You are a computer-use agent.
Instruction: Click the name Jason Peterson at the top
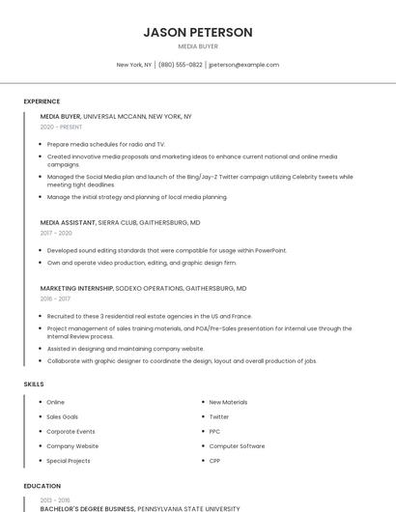[x=198, y=32]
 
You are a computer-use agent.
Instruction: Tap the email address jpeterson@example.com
[x=243, y=65]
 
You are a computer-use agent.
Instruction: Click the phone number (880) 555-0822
[x=181, y=65]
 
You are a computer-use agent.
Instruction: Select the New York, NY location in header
[x=134, y=65]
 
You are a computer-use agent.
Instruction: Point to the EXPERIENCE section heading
[x=42, y=101]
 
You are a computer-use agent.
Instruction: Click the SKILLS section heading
[x=34, y=384]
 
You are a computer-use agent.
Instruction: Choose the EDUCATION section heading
[x=42, y=486]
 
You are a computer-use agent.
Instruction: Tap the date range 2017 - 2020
[x=56, y=233]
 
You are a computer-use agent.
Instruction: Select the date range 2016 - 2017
[x=55, y=299]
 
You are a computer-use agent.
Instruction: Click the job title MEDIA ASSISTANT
[x=68, y=222]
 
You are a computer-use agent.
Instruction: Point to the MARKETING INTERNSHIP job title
[x=77, y=288]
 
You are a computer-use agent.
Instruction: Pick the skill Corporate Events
[x=71, y=431]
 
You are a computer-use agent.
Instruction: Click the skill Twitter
[x=219, y=416]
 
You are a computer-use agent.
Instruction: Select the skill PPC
[x=214, y=431]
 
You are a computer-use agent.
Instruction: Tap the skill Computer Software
[x=237, y=446]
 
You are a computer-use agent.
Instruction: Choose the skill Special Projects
[x=69, y=461]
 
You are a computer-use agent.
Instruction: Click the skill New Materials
[x=228, y=402]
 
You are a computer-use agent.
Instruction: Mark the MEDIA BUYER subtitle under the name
[x=198, y=46]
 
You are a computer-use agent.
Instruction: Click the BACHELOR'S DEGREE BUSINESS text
[x=88, y=507]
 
